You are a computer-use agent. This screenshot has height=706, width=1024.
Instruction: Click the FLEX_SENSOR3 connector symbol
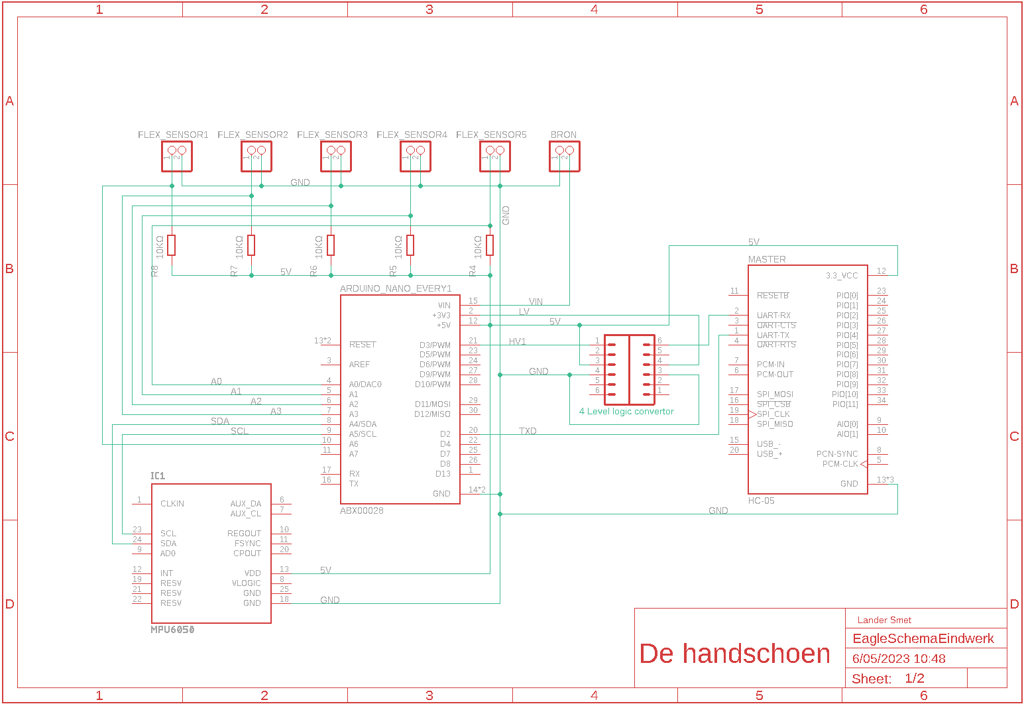pyautogui.click(x=335, y=156)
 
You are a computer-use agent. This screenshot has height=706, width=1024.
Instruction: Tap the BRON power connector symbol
pyautogui.click(x=564, y=156)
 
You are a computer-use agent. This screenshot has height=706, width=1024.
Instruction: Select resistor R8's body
pyautogui.click(x=172, y=245)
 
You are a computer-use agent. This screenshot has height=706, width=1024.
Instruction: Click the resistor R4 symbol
pyautogui.click(x=490, y=245)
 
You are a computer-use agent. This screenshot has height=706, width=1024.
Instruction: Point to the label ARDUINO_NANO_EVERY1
pyautogui.click(x=396, y=288)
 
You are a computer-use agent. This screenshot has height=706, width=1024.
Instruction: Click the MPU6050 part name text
pyautogui.click(x=172, y=630)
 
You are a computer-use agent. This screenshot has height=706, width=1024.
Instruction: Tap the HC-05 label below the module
pyautogui.click(x=761, y=500)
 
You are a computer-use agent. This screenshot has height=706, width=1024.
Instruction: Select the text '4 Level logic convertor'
pyautogui.click(x=626, y=411)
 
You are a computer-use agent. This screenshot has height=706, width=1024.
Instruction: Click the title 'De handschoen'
pyautogui.click(x=734, y=654)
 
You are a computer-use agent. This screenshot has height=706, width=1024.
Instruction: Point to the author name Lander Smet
pyautogui.click(x=884, y=620)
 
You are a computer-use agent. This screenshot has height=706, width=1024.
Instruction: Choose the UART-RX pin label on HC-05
pyautogui.click(x=773, y=316)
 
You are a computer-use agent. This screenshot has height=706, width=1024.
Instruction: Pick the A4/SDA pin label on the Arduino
pyautogui.click(x=363, y=424)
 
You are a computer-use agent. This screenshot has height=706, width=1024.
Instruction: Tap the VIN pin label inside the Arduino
pyautogui.click(x=443, y=306)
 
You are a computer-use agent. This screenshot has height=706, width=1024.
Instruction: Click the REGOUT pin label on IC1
pyautogui.click(x=244, y=534)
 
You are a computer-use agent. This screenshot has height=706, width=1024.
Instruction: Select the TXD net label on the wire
pyautogui.click(x=528, y=431)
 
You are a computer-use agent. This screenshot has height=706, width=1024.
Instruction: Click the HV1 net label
pyautogui.click(x=517, y=341)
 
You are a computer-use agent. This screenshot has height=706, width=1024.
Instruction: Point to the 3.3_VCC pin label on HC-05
pyautogui.click(x=842, y=276)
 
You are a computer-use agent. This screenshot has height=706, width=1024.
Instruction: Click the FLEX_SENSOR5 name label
pyautogui.click(x=491, y=135)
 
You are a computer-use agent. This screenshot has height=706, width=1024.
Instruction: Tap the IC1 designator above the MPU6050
pyautogui.click(x=158, y=476)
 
